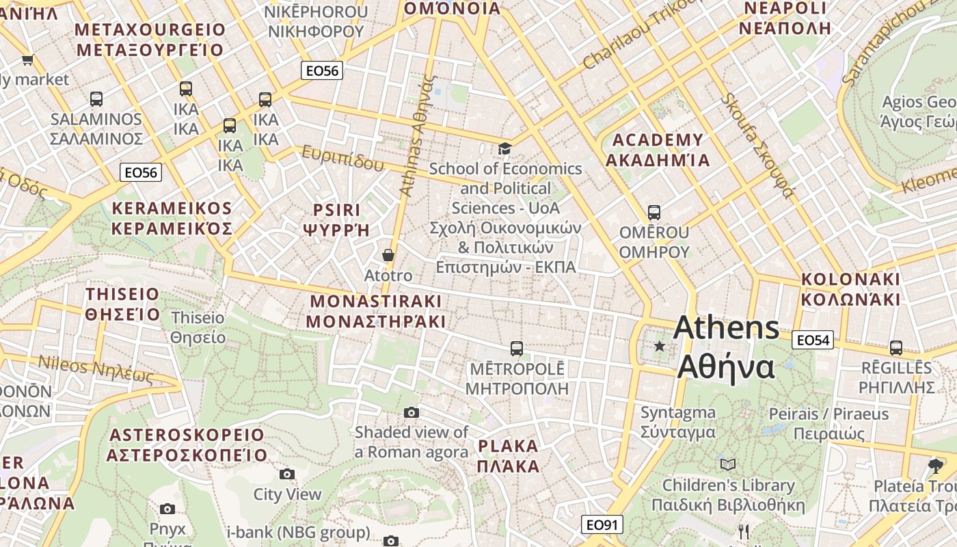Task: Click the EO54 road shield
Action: coord(813,340)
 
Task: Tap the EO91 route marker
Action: coord(602,524)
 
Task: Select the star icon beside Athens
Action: coord(660,347)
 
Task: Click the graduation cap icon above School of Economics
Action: coord(504,148)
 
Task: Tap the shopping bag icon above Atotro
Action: coord(388,256)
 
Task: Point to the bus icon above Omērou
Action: coord(654,213)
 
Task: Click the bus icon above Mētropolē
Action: coord(517,349)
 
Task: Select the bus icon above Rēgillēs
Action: coord(896,348)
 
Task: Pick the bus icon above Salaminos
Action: coord(96,99)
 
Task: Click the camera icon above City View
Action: coord(287,474)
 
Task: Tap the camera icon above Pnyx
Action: coord(167,509)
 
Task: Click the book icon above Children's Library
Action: coord(729,465)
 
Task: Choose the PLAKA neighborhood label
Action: coord(509,456)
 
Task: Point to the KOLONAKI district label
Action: coord(850,289)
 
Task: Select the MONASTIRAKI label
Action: coord(375,311)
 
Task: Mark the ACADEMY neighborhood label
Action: coord(658,150)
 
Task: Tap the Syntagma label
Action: coord(678,422)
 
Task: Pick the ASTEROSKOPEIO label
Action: coord(187,444)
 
